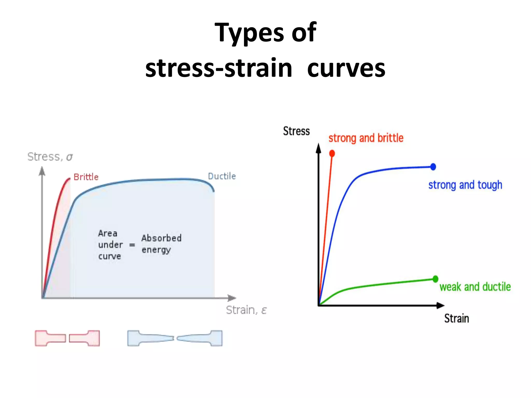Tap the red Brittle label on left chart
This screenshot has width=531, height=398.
(x=86, y=177)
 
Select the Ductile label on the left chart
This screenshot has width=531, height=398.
(x=222, y=176)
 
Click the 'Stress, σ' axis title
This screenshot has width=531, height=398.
(x=50, y=157)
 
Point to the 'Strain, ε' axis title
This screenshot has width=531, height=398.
(x=246, y=310)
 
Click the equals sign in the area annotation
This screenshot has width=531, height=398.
(x=132, y=245)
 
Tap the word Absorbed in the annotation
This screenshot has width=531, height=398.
(x=161, y=238)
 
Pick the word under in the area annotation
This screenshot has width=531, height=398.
(x=110, y=245)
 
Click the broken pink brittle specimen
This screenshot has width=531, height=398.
(x=67, y=338)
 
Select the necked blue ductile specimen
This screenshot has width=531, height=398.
(x=175, y=338)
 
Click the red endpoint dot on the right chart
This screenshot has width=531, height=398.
(x=332, y=153)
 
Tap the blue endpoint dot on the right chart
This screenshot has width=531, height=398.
(x=433, y=167)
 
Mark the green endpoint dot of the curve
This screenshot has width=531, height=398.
(x=435, y=279)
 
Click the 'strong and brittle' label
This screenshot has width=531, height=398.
(x=366, y=138)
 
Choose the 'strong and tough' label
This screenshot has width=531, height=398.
(x=465, y=185)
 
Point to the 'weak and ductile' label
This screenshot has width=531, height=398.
(x=475, y=287)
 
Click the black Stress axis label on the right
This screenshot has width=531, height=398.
(x=296, y=131)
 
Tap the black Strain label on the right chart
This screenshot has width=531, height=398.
(x=457, y=318)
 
